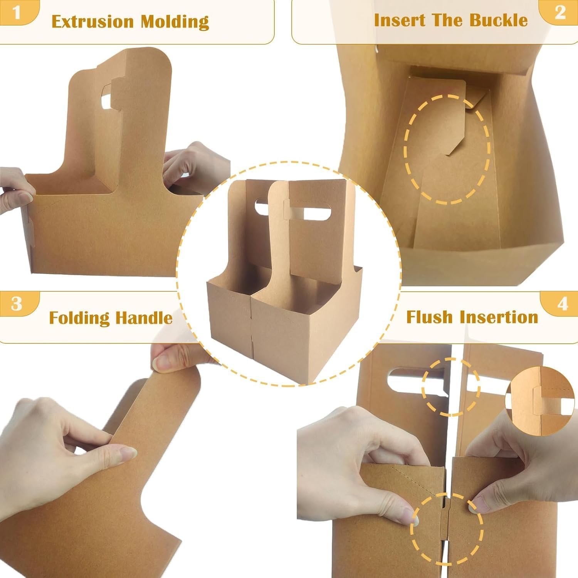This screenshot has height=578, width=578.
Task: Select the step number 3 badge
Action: coord(16,304)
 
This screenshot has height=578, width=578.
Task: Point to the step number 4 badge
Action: coord(562,304)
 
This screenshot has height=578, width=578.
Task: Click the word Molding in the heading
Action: coord(175,22)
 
